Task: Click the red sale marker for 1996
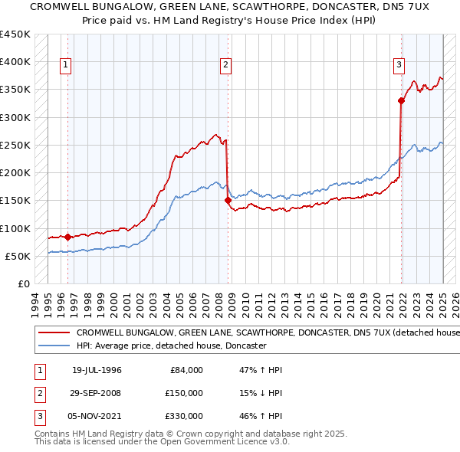(x=67, y=237)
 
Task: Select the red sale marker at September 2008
(x=228, y=201)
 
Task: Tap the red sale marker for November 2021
(x=401, y=100)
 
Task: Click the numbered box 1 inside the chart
(x=67, y=66)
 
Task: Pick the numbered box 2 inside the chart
(x=226, y=66)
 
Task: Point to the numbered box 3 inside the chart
(x=399, y=66)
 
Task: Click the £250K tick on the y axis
(x=15, y=145)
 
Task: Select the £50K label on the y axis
(x=18, y=256)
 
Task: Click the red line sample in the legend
(x=54, y=333)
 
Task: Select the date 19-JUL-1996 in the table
(x=97, y=370)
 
